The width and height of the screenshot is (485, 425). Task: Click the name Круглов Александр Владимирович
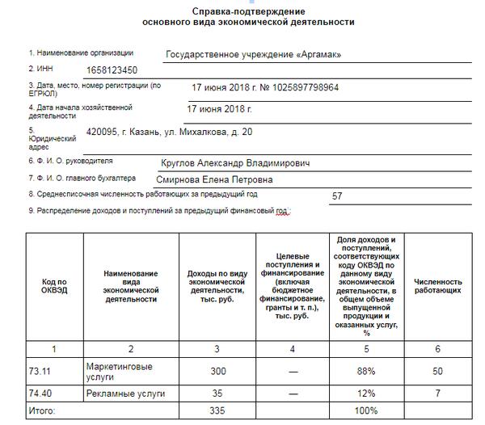(235, 163)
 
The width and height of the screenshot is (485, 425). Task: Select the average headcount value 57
(338, 196)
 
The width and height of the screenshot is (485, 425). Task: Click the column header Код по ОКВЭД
(55, 286)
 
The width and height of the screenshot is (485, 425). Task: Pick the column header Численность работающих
(437, 286)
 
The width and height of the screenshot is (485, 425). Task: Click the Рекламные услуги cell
(124, 393)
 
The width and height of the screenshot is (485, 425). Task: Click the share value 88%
(366, 371)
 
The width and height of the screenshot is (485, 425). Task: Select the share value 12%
(366, 393)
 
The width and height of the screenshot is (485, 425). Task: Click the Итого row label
(44, 412)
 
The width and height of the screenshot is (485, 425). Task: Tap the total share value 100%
(366, 412)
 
